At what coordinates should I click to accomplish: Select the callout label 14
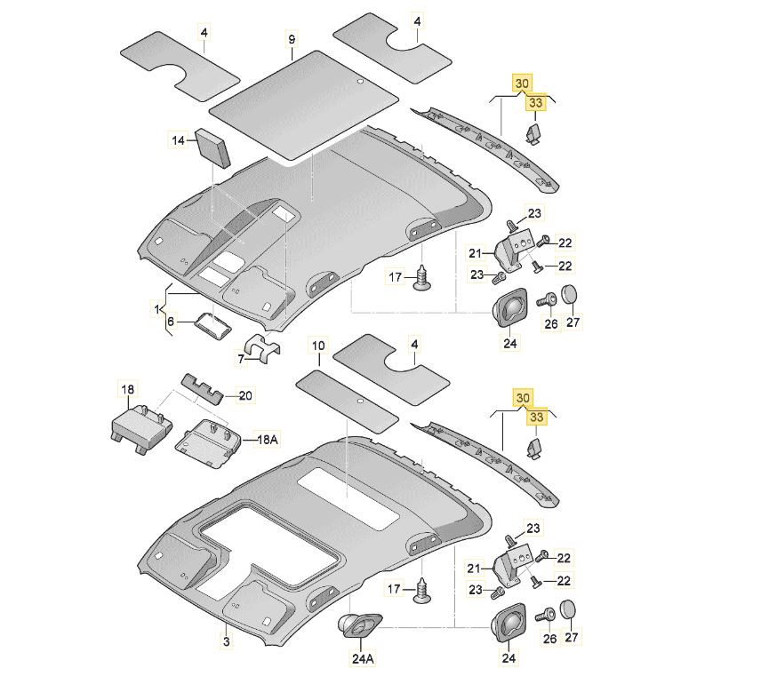[179, 139]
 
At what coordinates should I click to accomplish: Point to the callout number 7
[240, 359]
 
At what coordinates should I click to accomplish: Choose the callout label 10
[318, 344]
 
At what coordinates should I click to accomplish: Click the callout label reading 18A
[268, 439]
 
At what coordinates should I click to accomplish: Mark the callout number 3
[226, 640]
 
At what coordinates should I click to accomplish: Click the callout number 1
[157, 308]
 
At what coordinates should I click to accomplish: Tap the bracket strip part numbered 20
[205, 387]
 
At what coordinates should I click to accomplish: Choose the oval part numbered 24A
[359, 625]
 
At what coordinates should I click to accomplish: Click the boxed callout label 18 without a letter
[129, 389]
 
